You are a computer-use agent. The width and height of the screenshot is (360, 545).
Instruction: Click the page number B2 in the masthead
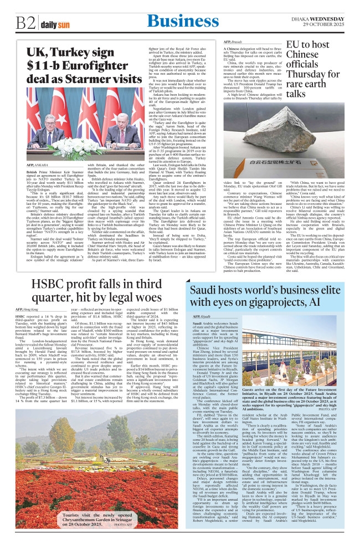coord(25,24)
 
